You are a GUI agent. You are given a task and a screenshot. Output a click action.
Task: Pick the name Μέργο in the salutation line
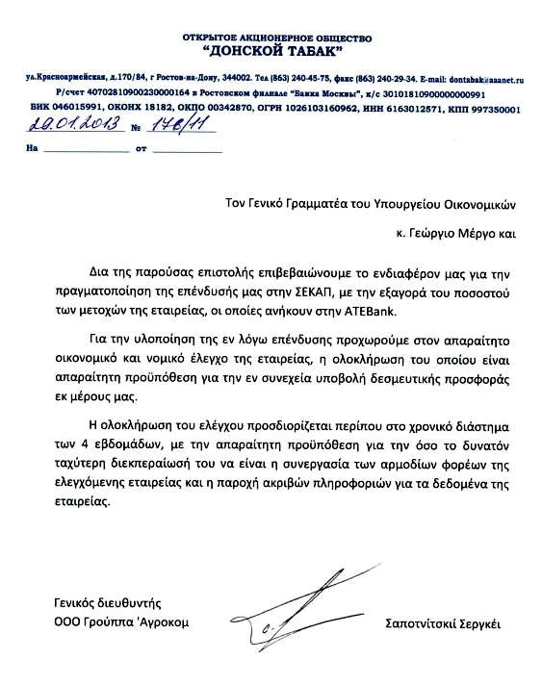coord(477,232)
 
